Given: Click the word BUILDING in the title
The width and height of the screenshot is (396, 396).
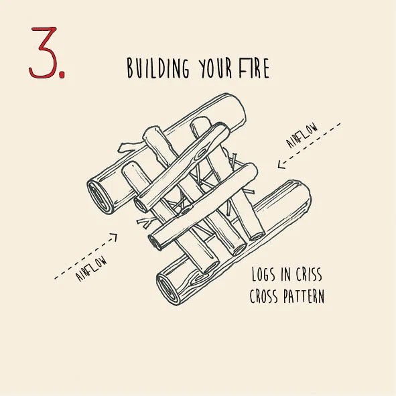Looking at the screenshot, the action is click(x=158, y=68).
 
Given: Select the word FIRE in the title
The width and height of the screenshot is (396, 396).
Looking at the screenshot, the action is click(x=254, y=68).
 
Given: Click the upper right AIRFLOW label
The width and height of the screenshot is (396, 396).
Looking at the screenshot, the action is click(x=302, y=135).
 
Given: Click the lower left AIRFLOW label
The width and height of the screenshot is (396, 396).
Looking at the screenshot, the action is click(x=91, y=269).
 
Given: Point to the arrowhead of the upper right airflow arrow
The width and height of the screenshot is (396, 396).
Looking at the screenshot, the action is click(x=280, y=165).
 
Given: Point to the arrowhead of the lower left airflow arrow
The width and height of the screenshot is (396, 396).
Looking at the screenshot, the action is click(x=114, y=237).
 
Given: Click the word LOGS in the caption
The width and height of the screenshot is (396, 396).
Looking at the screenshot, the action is click(x=263, y=274).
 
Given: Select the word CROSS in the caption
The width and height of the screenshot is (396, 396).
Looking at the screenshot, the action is click(x=263, y=296).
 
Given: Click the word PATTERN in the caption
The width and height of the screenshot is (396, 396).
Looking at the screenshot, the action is click(x=304, y=296).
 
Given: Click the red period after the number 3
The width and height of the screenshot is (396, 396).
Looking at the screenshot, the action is click(x=62, y=74).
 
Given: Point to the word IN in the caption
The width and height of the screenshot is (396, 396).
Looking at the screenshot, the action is click(x=285, y=274).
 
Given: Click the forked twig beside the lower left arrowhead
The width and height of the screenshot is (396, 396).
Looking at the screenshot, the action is click(x=145, y=222).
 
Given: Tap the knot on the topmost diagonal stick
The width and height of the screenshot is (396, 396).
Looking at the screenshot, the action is click(x=202, y=153).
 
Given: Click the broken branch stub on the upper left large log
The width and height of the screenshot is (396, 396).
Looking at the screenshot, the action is click(x=129, y=147).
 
